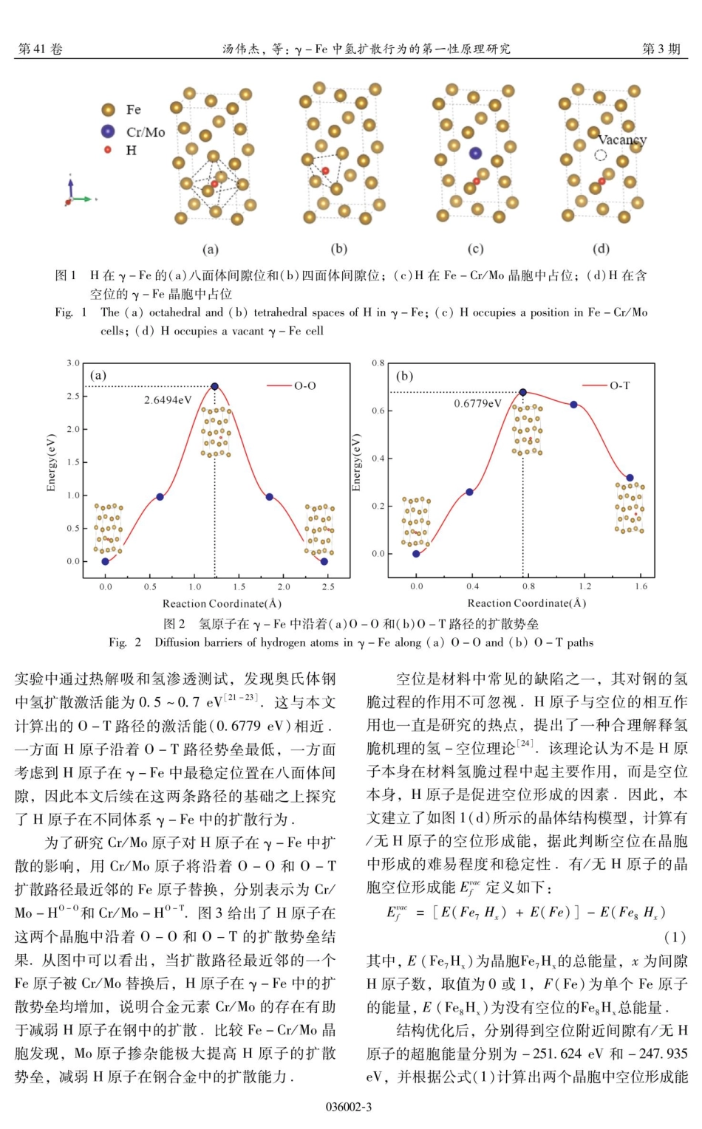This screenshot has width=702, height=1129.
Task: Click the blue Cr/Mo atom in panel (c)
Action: [x=475, y=154]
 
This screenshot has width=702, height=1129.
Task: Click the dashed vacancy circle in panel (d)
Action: [x=601, y=155]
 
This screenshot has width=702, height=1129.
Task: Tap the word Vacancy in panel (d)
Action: [x=621, y=140]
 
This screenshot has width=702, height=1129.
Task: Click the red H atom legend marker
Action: [x=108, y=150]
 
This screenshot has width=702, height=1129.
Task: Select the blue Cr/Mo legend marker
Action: [x=109, y=131]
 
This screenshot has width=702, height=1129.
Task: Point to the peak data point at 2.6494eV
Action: [x=215, y=386]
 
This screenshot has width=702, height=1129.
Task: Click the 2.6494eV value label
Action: [x=168, y=400]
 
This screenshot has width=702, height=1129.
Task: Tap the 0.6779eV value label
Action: [x=477, y=403]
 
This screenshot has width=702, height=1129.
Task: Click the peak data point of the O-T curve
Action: [x=523, y=392]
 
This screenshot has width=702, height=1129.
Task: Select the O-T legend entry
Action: [x=609, y=385]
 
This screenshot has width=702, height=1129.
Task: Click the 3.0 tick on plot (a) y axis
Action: [x=73, y=363]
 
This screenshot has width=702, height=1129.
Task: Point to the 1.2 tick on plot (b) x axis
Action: [x=585, y=586]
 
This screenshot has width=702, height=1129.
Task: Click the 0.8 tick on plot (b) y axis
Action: [x=378, y=363]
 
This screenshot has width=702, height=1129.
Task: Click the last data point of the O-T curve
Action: [x=630, y=478]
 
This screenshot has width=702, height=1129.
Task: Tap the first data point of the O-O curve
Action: [x=105, y=561]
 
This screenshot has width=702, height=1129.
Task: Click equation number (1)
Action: [x=675, y=937]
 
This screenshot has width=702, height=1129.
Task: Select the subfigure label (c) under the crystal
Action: [x=476, y=249]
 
